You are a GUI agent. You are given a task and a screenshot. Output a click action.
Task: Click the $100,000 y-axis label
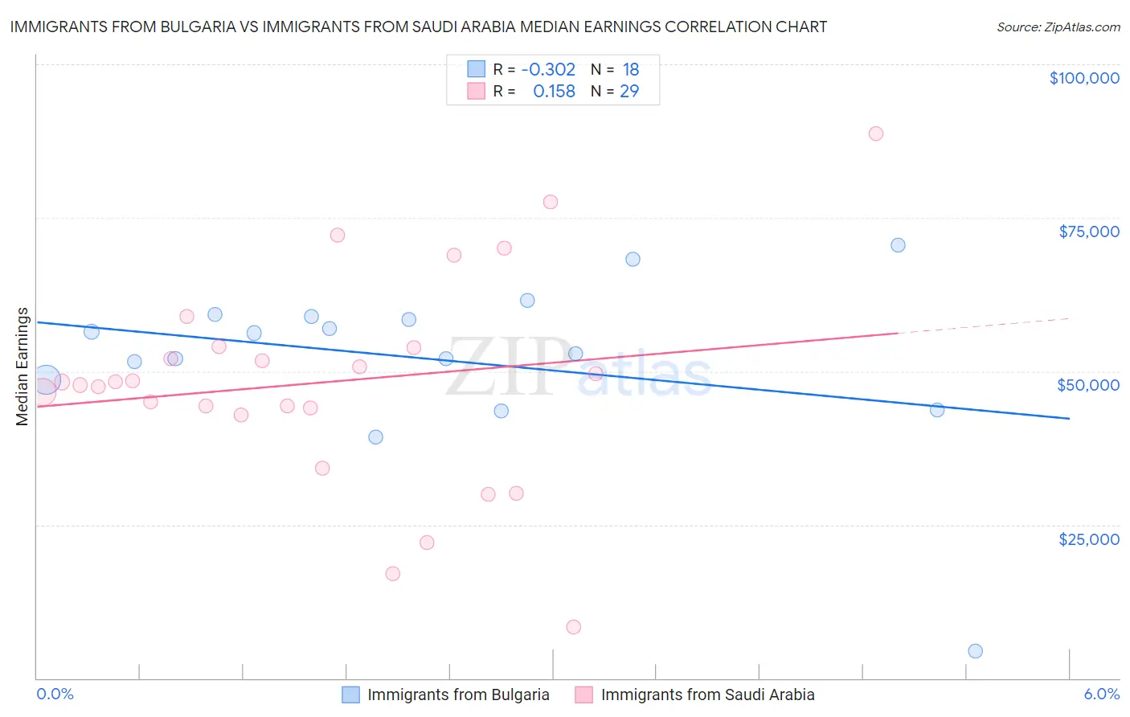click(x=1083, y=78)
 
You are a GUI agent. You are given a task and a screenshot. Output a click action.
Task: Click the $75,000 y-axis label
click(x=1088, y=231)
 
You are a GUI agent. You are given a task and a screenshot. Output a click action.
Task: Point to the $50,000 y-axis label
click(x=1087, y=385)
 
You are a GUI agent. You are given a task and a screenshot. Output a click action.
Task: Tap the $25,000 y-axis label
click(x=1088, y=539)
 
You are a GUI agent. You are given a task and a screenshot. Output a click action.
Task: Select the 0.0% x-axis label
click(x=55, y=694)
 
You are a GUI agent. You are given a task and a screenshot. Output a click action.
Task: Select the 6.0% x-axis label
click(x=1101, y=694)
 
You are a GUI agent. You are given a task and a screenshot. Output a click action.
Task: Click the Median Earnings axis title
click(x=23, y=367)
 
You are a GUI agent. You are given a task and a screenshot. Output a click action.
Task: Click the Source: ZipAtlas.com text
click(x=1058, y=27)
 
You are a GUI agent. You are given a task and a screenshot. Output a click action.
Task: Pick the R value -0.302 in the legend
click(x=548, y=70)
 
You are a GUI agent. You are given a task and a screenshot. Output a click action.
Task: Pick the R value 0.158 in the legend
click(x=554, y=92)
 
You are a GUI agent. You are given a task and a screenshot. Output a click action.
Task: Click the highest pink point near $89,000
click(x=875, y=133)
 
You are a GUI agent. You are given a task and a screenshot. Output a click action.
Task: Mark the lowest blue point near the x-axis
click(x=975, y=651)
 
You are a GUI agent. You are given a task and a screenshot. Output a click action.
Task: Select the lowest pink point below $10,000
click(x=573, y=627)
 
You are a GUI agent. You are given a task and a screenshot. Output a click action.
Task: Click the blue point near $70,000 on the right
click(x=898, y=245)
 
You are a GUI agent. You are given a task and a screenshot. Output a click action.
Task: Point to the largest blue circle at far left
click(x=46, y=379)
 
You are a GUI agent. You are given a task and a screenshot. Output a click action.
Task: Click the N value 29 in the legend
click(x=629, y=92)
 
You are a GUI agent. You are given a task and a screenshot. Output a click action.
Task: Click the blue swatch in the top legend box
click(x=477, y=69)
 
